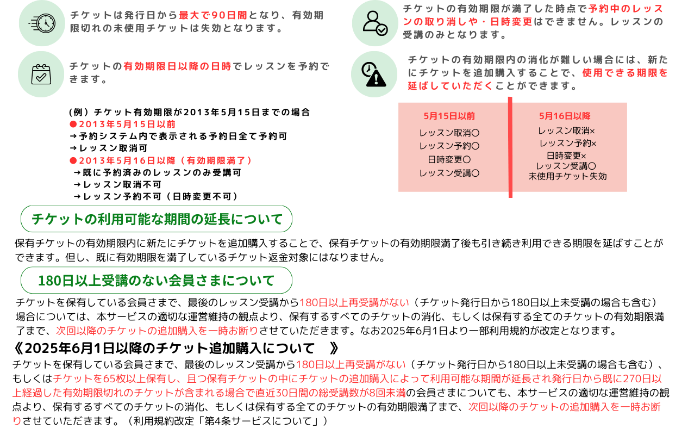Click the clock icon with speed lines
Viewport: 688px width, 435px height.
[42, 23]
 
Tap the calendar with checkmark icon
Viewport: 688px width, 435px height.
[41, 74]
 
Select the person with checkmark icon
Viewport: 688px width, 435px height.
[375, 23]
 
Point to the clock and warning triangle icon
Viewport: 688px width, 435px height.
[374, 74]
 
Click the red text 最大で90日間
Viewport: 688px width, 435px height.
[213, 15]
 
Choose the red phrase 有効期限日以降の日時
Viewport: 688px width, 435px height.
[177, 66]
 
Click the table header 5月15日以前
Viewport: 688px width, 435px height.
[449, 116]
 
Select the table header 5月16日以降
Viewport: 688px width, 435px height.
[565, 116]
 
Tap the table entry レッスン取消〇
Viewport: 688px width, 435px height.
[449, 133]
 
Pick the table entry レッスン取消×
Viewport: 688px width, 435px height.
[566, 131]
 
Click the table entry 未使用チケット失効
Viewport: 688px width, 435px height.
[567, 176]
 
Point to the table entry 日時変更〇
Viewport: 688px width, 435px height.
[449, 160]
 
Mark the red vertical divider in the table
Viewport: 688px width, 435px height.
[510, 147]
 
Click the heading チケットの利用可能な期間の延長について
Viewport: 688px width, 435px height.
[157, 219]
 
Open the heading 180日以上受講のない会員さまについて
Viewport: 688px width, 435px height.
[157, 281]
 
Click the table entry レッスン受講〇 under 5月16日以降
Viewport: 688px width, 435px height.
[566, 166]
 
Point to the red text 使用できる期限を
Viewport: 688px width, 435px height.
[624, 72]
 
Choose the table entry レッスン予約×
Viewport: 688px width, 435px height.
[567, 144]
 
